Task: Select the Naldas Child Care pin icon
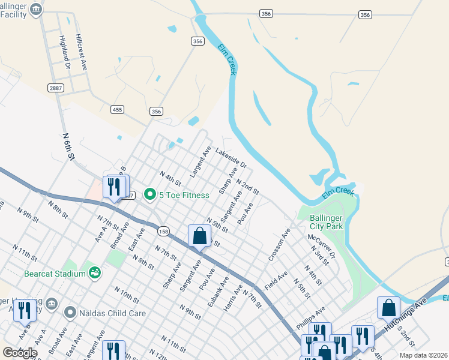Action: click(x=70, y=312)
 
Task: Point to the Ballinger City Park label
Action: click(x=326, y=222)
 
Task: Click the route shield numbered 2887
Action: click(x=56, y=88)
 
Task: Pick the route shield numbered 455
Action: click(x=118, y=109)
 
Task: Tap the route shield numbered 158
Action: click(x=163, y=230)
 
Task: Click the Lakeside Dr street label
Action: click(x=231, y=159)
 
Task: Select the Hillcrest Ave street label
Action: click(x=82, y=52)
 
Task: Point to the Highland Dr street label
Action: click(x=66, y=56)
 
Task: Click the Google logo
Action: click(x=20, y=353)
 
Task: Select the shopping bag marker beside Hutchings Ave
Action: click(x=388, y=308)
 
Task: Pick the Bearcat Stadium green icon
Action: click(x=94, y=273)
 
